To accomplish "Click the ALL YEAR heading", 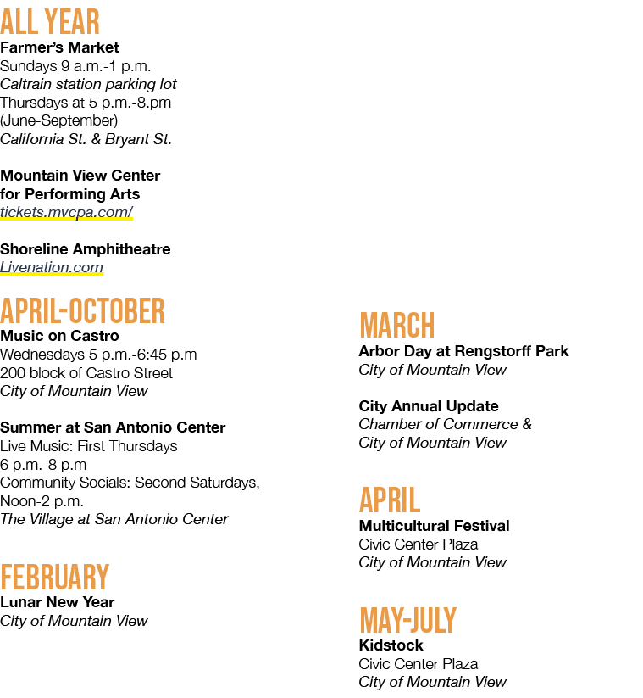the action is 50,22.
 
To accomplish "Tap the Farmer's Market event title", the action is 59,47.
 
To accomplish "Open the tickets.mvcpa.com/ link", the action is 66,212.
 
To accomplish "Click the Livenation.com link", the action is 52,267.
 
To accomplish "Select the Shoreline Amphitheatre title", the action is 86,249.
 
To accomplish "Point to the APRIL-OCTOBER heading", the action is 82,310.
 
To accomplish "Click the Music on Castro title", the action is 59,336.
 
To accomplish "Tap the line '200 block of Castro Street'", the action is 86,373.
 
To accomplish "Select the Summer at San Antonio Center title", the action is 113,427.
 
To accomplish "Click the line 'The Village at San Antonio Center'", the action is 114,519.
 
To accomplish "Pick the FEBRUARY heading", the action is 55,578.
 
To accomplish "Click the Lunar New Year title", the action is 58,602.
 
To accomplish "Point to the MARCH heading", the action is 397,326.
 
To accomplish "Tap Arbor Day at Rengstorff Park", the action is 463,351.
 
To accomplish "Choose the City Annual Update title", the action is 429,406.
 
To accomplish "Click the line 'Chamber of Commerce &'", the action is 445,424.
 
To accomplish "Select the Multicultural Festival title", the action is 434,526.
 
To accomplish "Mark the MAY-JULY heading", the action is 408,620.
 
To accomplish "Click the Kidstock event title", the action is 391,645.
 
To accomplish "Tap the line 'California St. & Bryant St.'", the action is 86,139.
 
